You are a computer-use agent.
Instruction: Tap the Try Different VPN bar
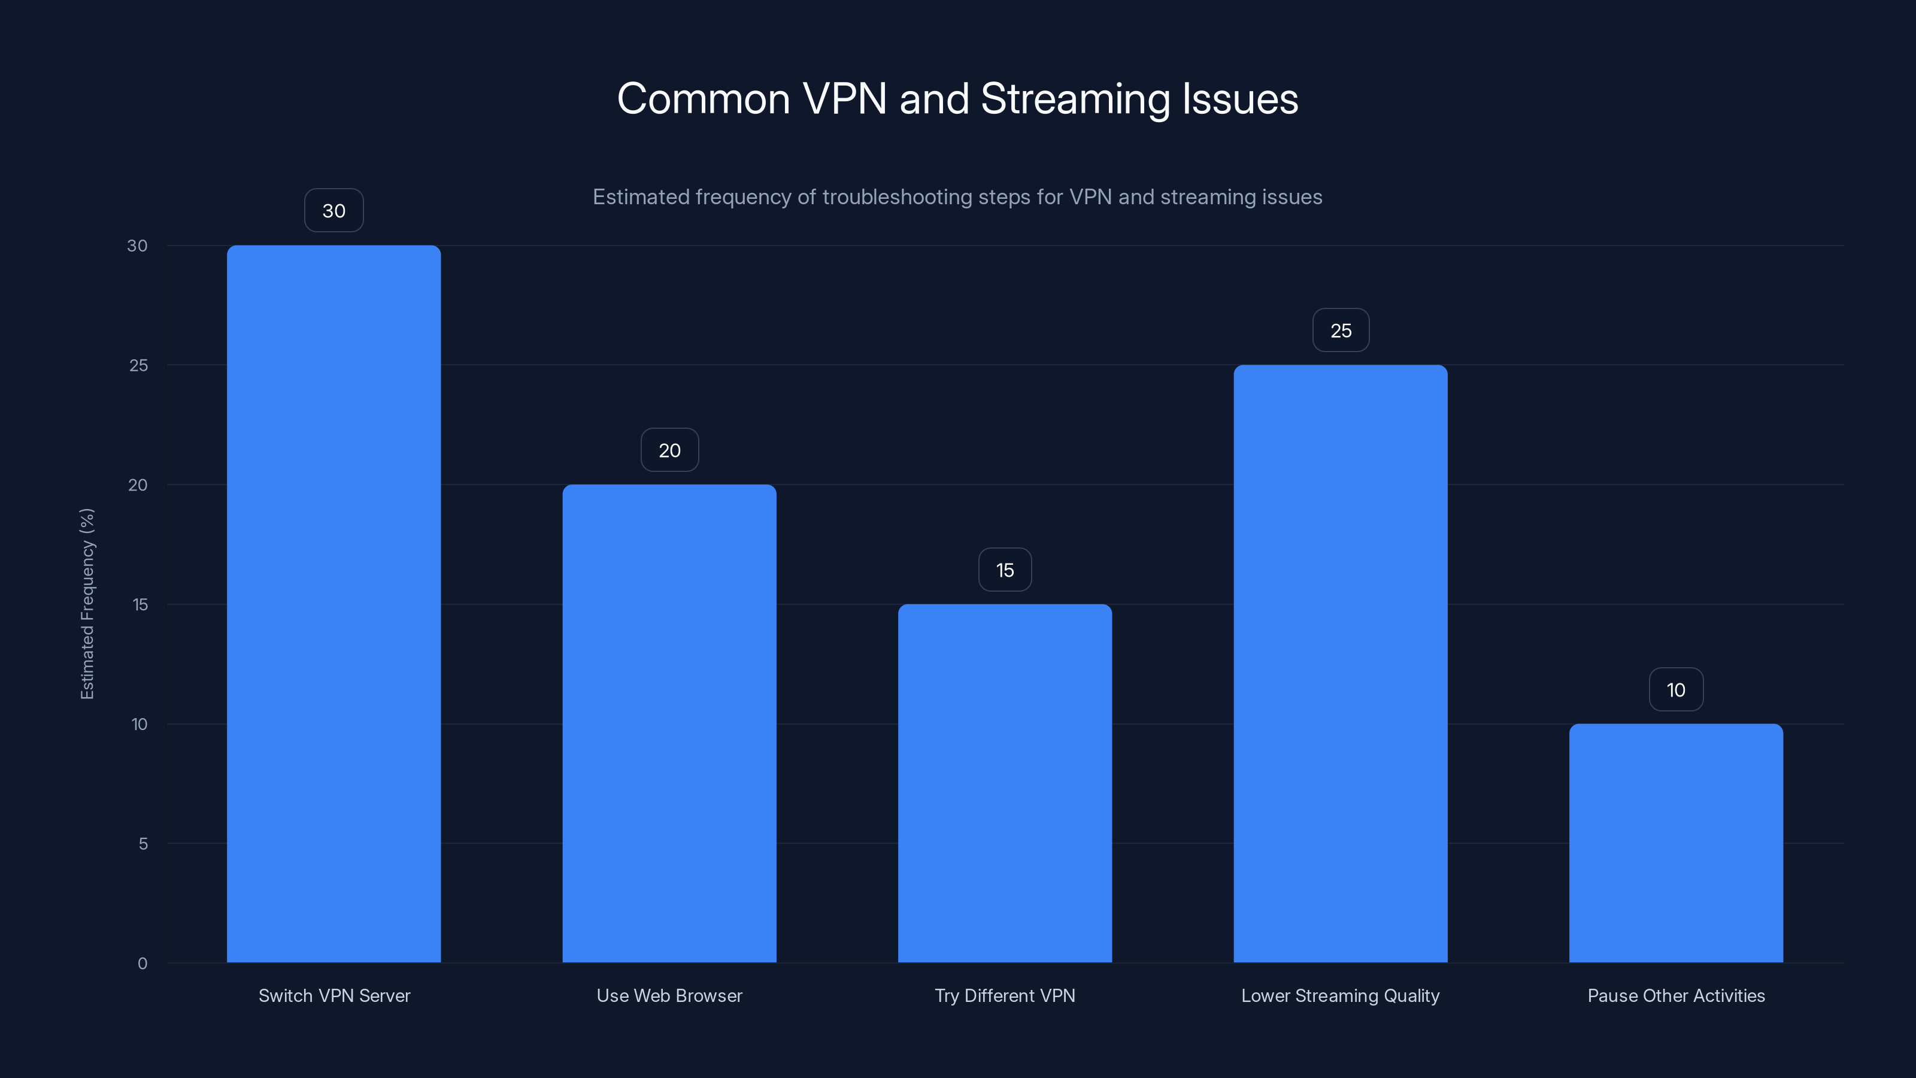(1004, 783)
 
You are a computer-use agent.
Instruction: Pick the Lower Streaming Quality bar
(1341, 663)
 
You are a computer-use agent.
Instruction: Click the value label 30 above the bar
(334, 211)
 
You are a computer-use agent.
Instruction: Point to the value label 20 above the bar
(669, 450)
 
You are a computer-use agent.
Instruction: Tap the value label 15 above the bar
(1004, 570)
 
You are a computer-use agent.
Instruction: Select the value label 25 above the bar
(1341, 331)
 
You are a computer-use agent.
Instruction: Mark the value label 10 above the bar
(1676, 690)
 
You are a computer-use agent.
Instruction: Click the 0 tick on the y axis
(142, 964)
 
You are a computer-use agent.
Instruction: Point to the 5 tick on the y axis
(143, 844)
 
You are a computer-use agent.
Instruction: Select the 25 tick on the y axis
(138, 365)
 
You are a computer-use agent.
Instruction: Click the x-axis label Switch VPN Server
(334, 995)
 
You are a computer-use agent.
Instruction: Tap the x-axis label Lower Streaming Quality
(1341, 995)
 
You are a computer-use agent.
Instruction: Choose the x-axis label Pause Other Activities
(1676, 995)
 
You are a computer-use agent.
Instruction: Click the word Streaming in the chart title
(1075, 99)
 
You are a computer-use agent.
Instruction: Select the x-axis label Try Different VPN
(1004, 995)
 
